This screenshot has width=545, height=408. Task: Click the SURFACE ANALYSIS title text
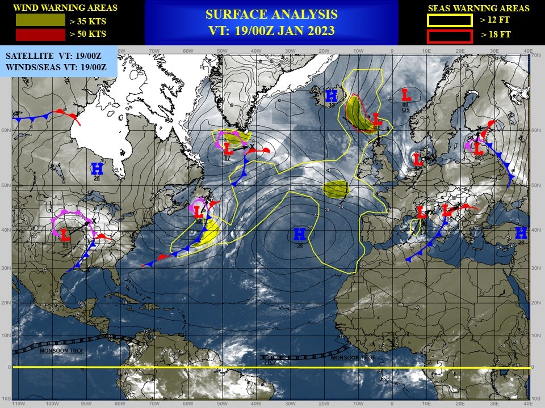click(x=271, y=14)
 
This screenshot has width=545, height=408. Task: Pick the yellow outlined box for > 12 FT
click(x=450, y=21)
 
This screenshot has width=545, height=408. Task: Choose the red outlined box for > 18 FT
click(x=450, y=36)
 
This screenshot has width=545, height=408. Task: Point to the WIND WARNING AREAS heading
click(x=65, y=8)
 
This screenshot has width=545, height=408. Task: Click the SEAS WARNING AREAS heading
click(x=478, y=8)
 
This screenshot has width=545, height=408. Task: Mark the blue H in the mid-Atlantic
click(x=300, y=233)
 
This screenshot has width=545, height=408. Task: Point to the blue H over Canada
click(x=97, y=168)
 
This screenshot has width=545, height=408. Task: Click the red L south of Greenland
click(x=228, y=149)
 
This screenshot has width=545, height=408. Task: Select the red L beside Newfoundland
click(x=198, y=212)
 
